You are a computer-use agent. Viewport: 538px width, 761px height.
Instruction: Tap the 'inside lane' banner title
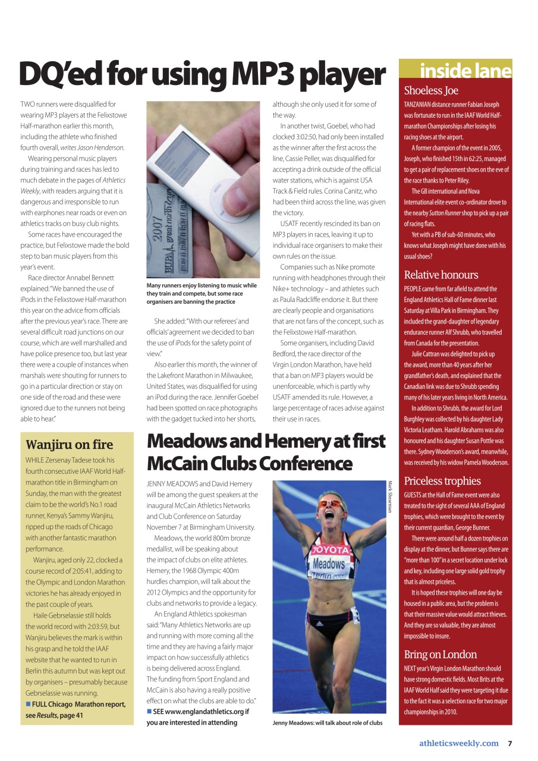pyautogui.click(x=465, y=71)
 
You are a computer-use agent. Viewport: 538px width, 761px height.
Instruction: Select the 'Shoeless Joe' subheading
pyautogui.click(x=431, y=90)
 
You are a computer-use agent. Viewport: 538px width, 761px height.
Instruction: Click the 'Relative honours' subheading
pyautogui.click(x=441, y=275)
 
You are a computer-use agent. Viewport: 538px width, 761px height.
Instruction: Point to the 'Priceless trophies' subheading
pyautogui.click(x=442, y=480)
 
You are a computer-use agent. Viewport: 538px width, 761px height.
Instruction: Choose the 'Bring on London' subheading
pyautogui.click(x=440, y=654)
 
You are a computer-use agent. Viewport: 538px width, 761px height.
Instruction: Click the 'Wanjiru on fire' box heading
pyautogui.click(x=69, y=444)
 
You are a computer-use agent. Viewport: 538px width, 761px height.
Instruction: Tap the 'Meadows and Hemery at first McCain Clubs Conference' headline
pyautogui.click(x=266, y=452)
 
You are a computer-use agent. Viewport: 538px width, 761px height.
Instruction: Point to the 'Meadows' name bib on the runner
pyautogui.click(x=328, y=563)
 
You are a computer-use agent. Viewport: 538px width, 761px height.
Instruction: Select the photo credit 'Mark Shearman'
pyautogui.click(x=391, y=496)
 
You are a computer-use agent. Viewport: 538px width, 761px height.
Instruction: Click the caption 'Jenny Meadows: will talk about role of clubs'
pyautogui.click(x=328, y=723)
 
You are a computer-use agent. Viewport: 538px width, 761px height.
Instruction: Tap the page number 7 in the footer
pyautogui.click(x=509, y=743)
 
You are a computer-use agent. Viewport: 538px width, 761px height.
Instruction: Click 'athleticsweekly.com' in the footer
pyautogui.click(x=458, y=743)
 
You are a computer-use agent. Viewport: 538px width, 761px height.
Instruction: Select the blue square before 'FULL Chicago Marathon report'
pyautogui.click(x=28, y=705)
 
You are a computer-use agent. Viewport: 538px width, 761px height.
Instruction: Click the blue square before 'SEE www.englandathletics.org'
pyautogui.click(x=149, y=712)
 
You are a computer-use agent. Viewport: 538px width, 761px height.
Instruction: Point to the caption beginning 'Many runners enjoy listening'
pyautogui.click(x=202, y=293)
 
